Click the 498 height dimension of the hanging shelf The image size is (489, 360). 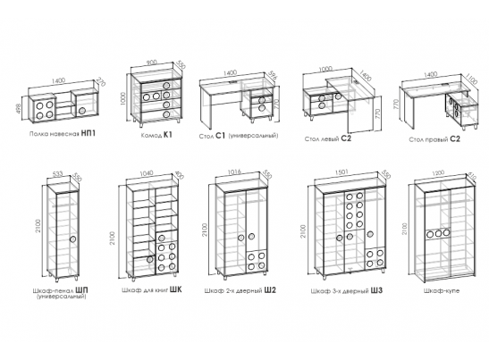tap(19, 109)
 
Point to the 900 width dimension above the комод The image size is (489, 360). tap(152, 63)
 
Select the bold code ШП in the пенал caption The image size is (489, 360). tap(82, 290)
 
